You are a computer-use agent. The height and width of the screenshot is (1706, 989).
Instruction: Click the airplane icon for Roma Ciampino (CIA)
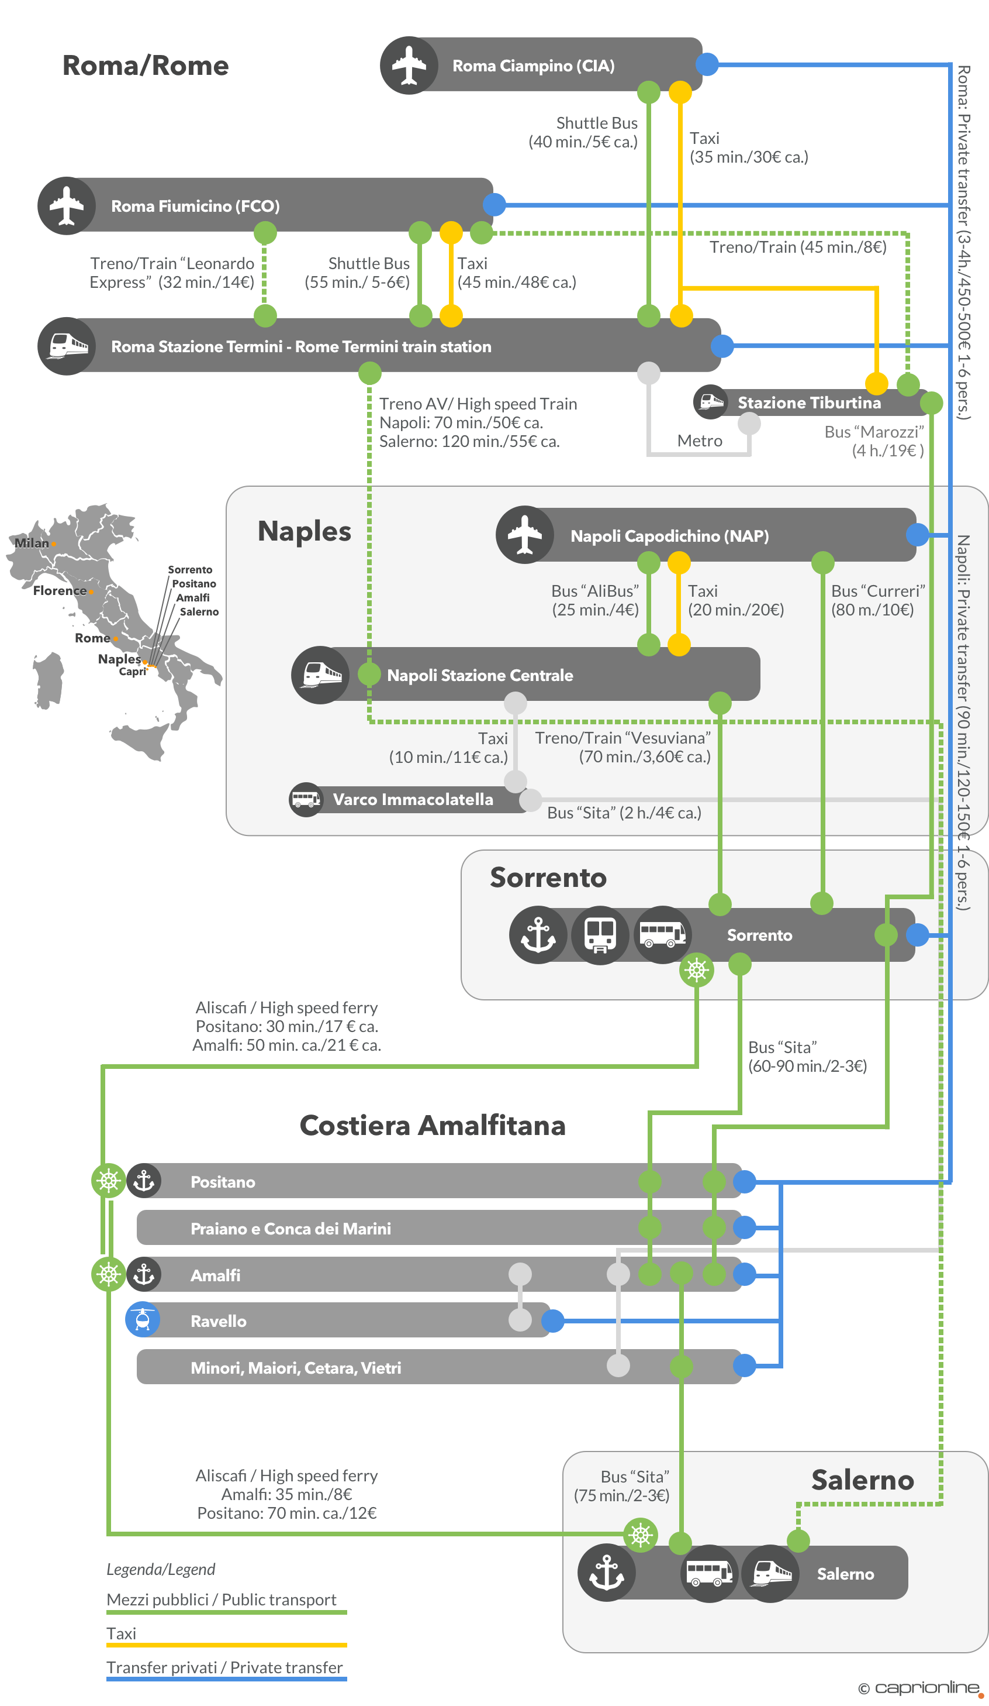coord(409,66)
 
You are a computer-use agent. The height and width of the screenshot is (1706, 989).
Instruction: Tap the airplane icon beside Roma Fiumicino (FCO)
coord(66,206)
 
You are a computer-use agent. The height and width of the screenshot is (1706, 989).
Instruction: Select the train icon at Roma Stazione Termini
coord(66,346)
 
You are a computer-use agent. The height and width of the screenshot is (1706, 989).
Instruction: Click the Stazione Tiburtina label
coord(808,403)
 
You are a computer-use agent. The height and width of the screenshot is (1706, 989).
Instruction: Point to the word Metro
coord(700,441)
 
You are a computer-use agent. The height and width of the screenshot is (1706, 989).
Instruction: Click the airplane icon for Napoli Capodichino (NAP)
coord(524,535)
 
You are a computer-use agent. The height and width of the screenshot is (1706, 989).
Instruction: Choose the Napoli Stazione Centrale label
coord(480,675)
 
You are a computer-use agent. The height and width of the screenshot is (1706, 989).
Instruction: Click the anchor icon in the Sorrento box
coord(538,934)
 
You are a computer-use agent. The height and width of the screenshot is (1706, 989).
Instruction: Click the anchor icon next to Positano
coord(143,1181)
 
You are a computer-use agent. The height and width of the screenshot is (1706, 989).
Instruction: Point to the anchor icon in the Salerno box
coord(606,1572)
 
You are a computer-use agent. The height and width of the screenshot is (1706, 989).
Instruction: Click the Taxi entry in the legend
coord(121,1633)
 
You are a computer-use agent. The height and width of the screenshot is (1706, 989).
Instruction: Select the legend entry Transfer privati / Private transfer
coord(224,1667)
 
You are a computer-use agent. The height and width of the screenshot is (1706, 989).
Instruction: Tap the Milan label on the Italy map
coord(31,543)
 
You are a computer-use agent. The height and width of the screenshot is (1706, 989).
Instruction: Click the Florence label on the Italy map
coord(60,590)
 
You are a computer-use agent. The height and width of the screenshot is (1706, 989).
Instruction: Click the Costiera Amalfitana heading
coord(433,1125)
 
